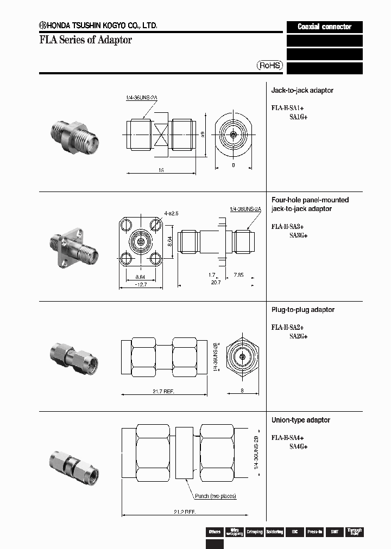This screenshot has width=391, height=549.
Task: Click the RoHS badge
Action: tap(270, 65)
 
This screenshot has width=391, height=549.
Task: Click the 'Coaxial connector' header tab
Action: tap(324, 27)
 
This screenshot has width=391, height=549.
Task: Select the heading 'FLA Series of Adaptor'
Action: tap(85, 40)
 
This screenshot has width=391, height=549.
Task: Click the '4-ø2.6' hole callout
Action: tap(172, 213)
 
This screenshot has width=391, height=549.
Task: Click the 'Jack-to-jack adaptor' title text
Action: tap(302, 90)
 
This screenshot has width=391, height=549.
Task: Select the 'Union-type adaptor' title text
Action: tap(301, 420)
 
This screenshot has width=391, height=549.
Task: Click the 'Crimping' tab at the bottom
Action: tap(254, 532)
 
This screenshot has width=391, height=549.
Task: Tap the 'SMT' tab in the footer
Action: tap(335, 532)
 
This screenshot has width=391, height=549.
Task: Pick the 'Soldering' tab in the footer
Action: tap(274, 532)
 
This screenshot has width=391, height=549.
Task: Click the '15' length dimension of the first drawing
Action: tap(161, 170)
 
